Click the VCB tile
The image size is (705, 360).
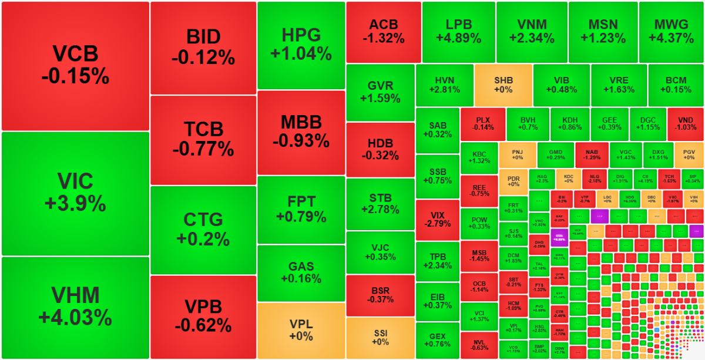click(x=75, y=65)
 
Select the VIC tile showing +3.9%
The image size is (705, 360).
click(x=75, y=193)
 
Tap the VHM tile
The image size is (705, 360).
click(x=75, y=307)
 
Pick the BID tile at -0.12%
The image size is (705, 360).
click(x=203, y=47)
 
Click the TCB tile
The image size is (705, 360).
click(x=203, y=139)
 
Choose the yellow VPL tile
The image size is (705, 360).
click(x=301, y=330)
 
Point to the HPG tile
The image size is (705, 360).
click(x=301, y=45)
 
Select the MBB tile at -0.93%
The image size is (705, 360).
click(x=301, y=132)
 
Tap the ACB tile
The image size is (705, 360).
click(x=384, y=32)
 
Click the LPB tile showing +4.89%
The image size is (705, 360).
click(x=458, y=32)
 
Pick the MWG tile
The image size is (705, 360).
click(x=672, y=32)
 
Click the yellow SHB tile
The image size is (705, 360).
click(x=503, y=85)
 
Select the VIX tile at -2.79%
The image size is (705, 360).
click(x=437, y=219)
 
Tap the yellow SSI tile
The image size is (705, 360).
click(x=381, y=338)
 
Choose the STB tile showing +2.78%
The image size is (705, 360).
click(x=381, y=204)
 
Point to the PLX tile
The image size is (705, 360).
click(x=483, y=124)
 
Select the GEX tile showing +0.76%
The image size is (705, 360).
click(x=437, y=340)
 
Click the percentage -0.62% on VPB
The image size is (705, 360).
click(x=203, y=325)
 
